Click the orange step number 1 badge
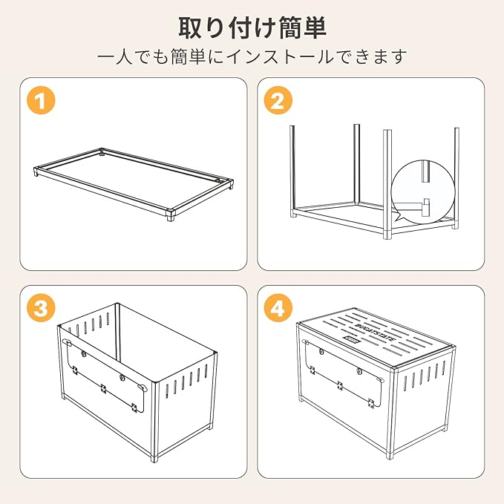coord(41,100)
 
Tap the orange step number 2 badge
coord(278,100)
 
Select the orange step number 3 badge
coord(41,308)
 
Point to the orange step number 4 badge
coord(278,308)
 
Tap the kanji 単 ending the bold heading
coord(315,28)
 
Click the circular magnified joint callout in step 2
coord(423,192)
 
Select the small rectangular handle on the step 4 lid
coord(351,339)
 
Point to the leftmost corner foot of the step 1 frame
coord(36,171)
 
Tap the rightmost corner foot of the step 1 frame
coord(230,184)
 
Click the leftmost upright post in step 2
coord(292,171)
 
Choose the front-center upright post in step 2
coord(387,184)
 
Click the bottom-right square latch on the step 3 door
coord(134,408)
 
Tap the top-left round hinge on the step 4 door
coord(321,351)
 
